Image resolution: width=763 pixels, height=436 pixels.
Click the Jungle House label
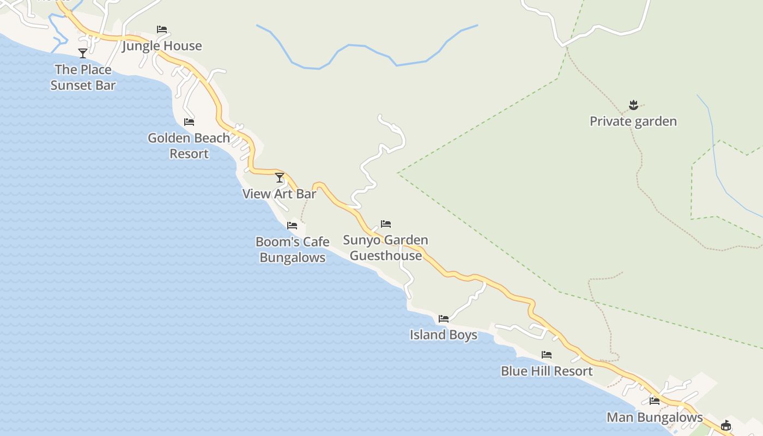(162, 46)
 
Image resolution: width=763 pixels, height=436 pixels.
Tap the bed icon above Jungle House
(162, 29)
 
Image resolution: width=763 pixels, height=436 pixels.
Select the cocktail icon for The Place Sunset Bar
(83, 53)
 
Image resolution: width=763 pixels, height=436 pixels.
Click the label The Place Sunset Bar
(83, 77)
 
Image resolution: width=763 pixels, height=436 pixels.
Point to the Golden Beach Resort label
(189, 146)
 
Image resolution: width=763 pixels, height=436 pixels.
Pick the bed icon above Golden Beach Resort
(189, 122)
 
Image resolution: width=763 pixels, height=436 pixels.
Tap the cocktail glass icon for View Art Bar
(280, 178)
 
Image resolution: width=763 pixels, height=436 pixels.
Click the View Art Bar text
(280, 194)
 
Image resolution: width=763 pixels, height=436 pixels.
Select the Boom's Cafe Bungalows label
(293, 250)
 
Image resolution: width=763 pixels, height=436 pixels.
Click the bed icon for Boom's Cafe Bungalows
(292, 226)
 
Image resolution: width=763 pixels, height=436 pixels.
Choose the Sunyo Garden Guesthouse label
(386, 248)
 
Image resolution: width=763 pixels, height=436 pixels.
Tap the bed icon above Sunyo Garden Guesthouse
(386, 224)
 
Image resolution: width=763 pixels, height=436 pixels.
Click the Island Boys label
(444, 335)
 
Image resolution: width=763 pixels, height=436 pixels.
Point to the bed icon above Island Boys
(444, 319)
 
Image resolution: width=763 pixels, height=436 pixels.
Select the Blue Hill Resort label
(547, 371)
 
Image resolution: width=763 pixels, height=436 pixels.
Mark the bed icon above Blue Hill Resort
(547, 355)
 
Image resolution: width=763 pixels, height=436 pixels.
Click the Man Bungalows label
(655, 417)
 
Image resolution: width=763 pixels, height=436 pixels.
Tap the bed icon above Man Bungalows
(655, 401)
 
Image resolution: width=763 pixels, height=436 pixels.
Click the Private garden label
(633, 121)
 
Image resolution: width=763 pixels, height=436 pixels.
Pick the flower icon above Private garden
(633, 105)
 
